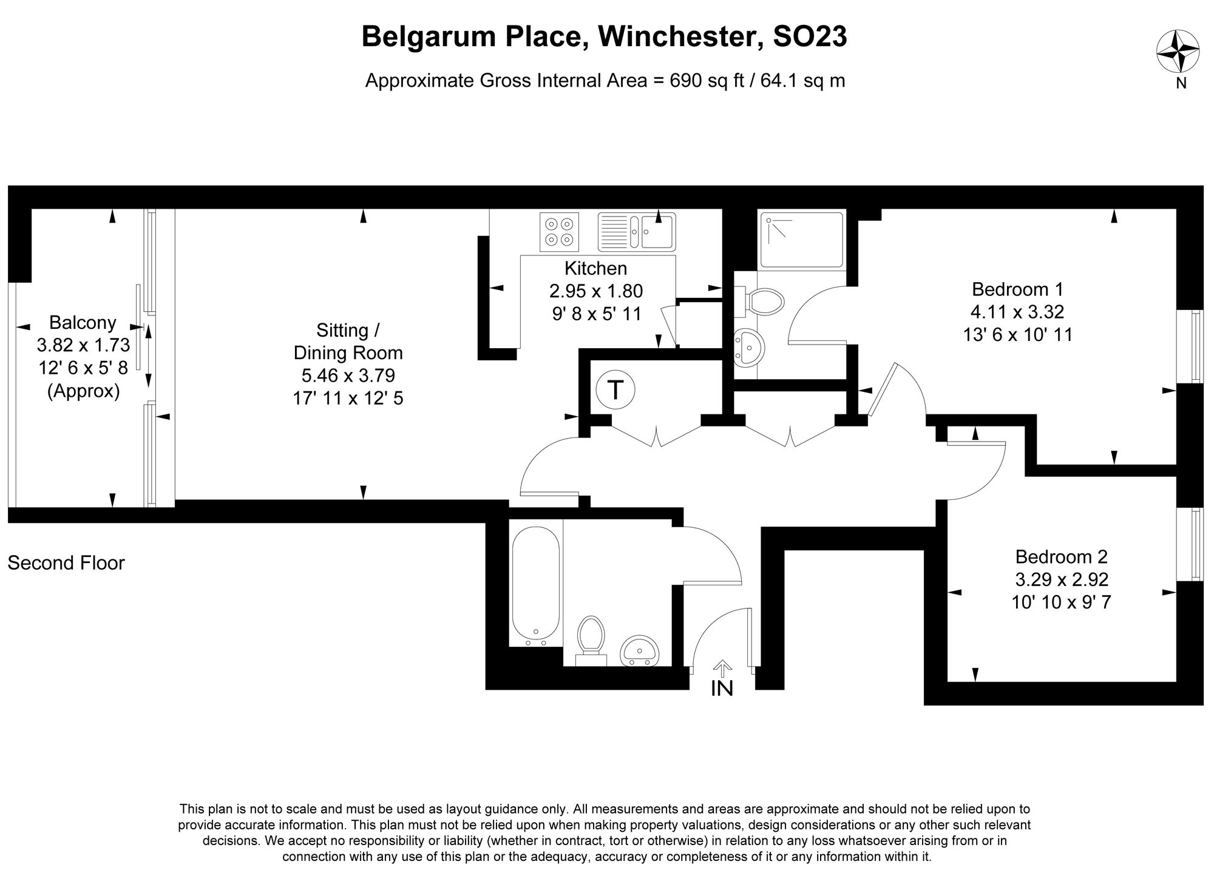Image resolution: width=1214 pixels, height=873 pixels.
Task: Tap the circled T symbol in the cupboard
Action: coord(615,389)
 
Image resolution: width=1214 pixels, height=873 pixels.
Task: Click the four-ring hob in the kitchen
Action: coord(559,231)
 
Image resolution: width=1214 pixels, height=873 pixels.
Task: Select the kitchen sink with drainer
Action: coord(637,231)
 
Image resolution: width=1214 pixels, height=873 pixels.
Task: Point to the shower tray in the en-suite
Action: coord(801,240)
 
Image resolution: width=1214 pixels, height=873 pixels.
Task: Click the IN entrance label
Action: coord(722,688)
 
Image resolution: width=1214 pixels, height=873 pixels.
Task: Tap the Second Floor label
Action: coord(66,563)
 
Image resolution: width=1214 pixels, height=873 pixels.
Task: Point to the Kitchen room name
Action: coord(595,268)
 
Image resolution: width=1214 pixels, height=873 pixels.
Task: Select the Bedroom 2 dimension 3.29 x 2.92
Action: coord(1062,579)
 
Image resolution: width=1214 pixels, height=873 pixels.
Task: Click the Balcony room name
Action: coord(83,322)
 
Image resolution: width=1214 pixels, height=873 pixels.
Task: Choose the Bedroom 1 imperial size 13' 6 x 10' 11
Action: coord(1018,334)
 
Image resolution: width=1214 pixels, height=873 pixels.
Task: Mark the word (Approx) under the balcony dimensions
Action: coord(84,391)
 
